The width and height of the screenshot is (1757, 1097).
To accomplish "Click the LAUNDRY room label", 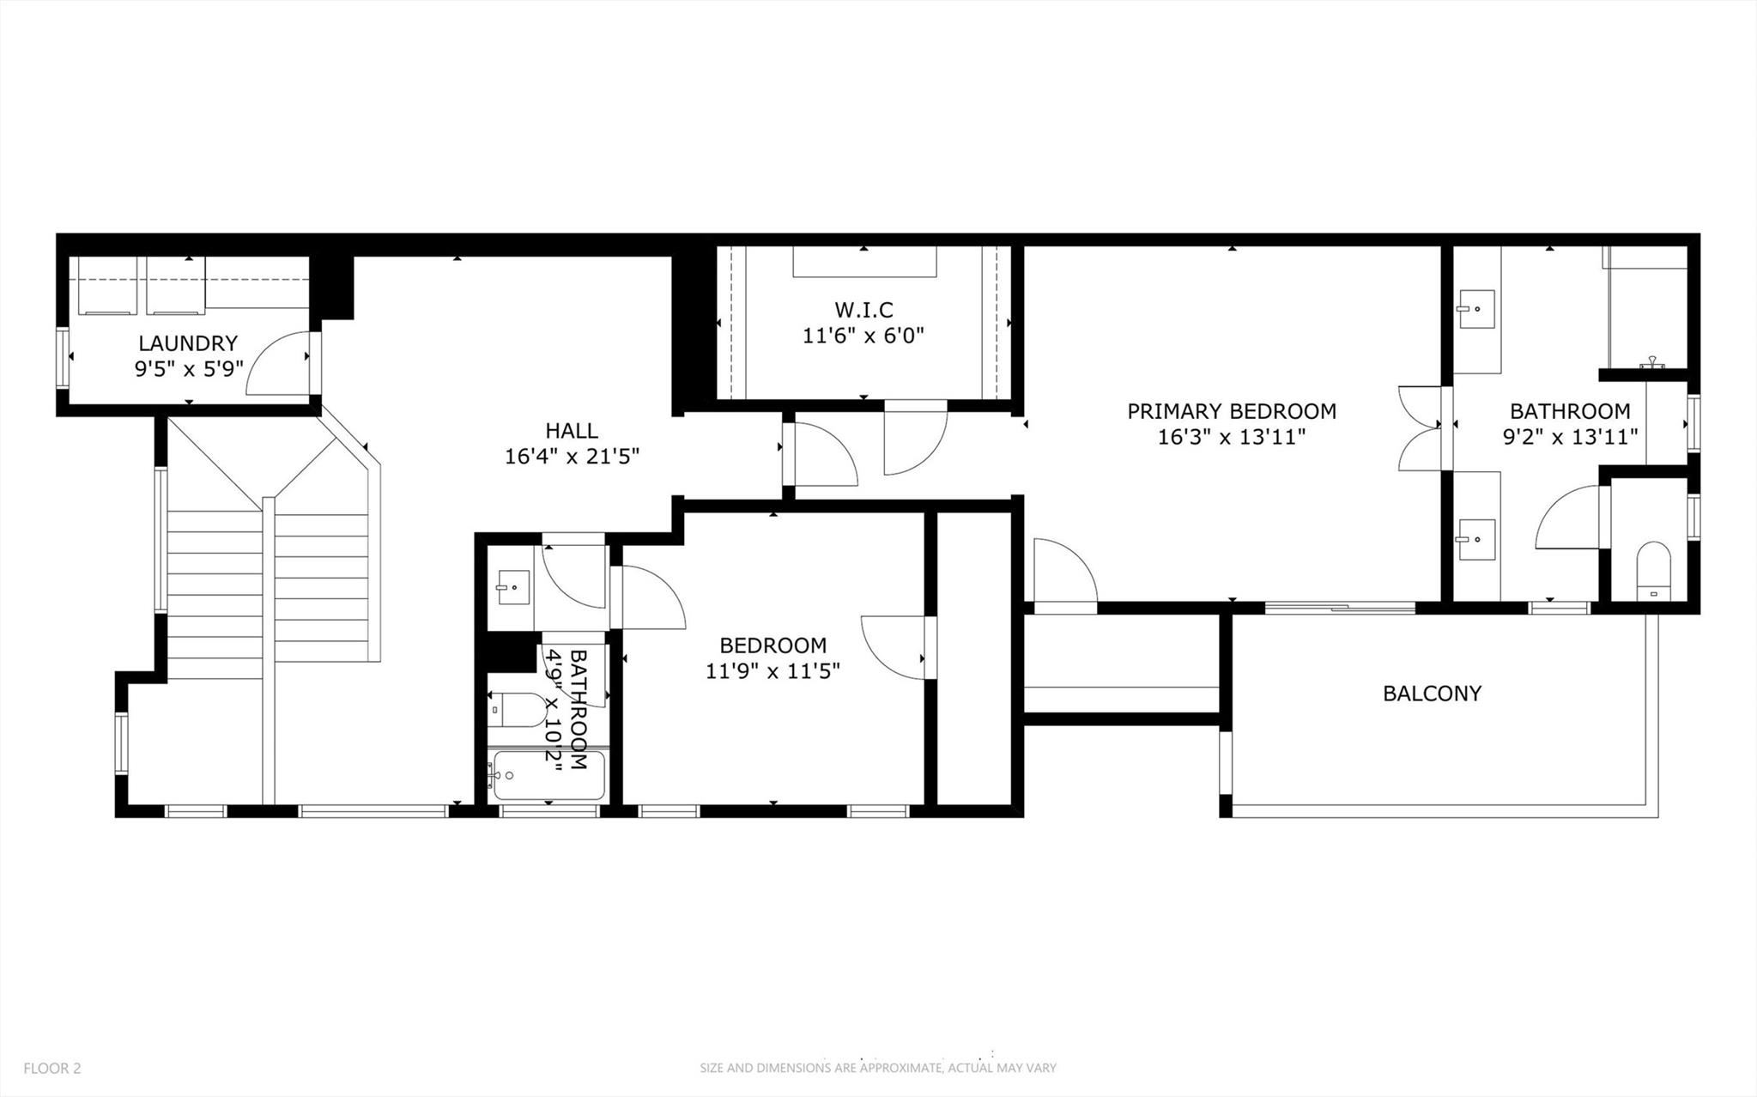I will [x=188, y=343].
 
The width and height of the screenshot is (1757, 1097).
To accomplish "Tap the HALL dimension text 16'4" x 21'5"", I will [x=572, y=456].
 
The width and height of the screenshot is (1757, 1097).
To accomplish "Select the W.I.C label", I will [x=863, y=310].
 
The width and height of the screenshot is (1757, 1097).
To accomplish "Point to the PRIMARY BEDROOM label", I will [x=1231, y=411].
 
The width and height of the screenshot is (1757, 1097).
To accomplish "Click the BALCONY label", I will [x=1432, y=693].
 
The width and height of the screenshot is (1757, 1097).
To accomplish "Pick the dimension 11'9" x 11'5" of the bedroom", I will [x=772, y=670].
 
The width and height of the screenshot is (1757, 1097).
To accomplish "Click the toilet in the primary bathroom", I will [x=1653, y=570].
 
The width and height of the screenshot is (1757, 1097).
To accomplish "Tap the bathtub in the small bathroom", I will [x=548, y=776].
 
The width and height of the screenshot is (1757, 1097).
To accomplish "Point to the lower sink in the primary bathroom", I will [x=1476, y=539].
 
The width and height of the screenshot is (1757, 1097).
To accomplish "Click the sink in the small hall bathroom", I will [x=512, y=588].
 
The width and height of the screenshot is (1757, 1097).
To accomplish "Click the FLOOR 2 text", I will [x=52, y=1068].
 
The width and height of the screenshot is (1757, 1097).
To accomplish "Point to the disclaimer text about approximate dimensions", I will [x=877, y=1068].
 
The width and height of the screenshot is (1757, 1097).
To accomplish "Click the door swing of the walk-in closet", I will [x=915, y=439].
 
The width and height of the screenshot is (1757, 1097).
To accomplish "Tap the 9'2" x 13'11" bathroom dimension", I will [x=1570, y=437].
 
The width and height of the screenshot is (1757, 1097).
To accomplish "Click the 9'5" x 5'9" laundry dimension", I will [x=189, y=369].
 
